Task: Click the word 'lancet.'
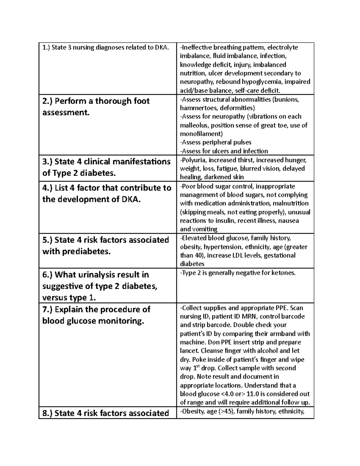[x=189, y=351]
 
